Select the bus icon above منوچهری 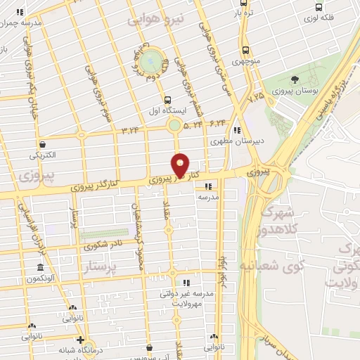(245, 50)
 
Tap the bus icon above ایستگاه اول (167, 100)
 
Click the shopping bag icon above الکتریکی (44, 144)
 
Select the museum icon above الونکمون (40, 268)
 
